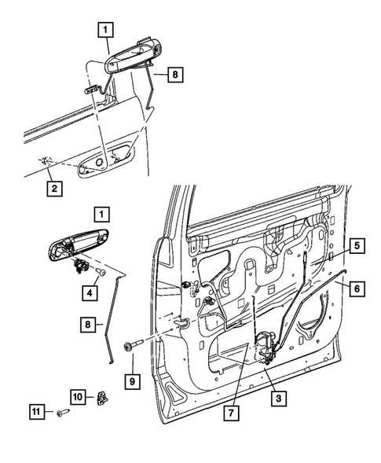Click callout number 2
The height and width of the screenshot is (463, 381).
pyautogui.click(x=53, y=188)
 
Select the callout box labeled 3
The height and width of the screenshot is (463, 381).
pyautogui.click(x=276, y=399)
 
